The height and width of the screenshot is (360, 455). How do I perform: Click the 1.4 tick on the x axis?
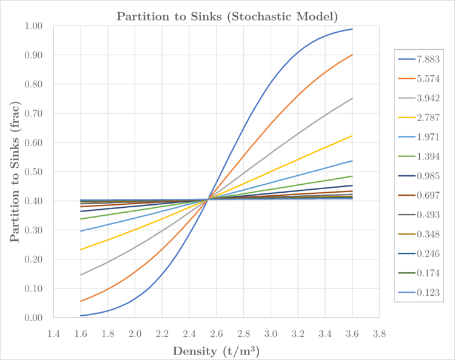click(53, 333)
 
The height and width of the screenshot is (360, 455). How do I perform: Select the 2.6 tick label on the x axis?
click(217, 333)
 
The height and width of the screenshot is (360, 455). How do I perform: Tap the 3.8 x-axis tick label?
click(380, 333)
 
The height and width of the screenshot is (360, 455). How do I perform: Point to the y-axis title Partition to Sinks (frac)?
click(14, 172)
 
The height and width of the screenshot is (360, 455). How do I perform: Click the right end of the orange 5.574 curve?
click(352, 55)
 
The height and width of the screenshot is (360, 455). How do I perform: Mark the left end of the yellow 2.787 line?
click(81, 250)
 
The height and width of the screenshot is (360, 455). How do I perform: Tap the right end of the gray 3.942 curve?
click(352, 99)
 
